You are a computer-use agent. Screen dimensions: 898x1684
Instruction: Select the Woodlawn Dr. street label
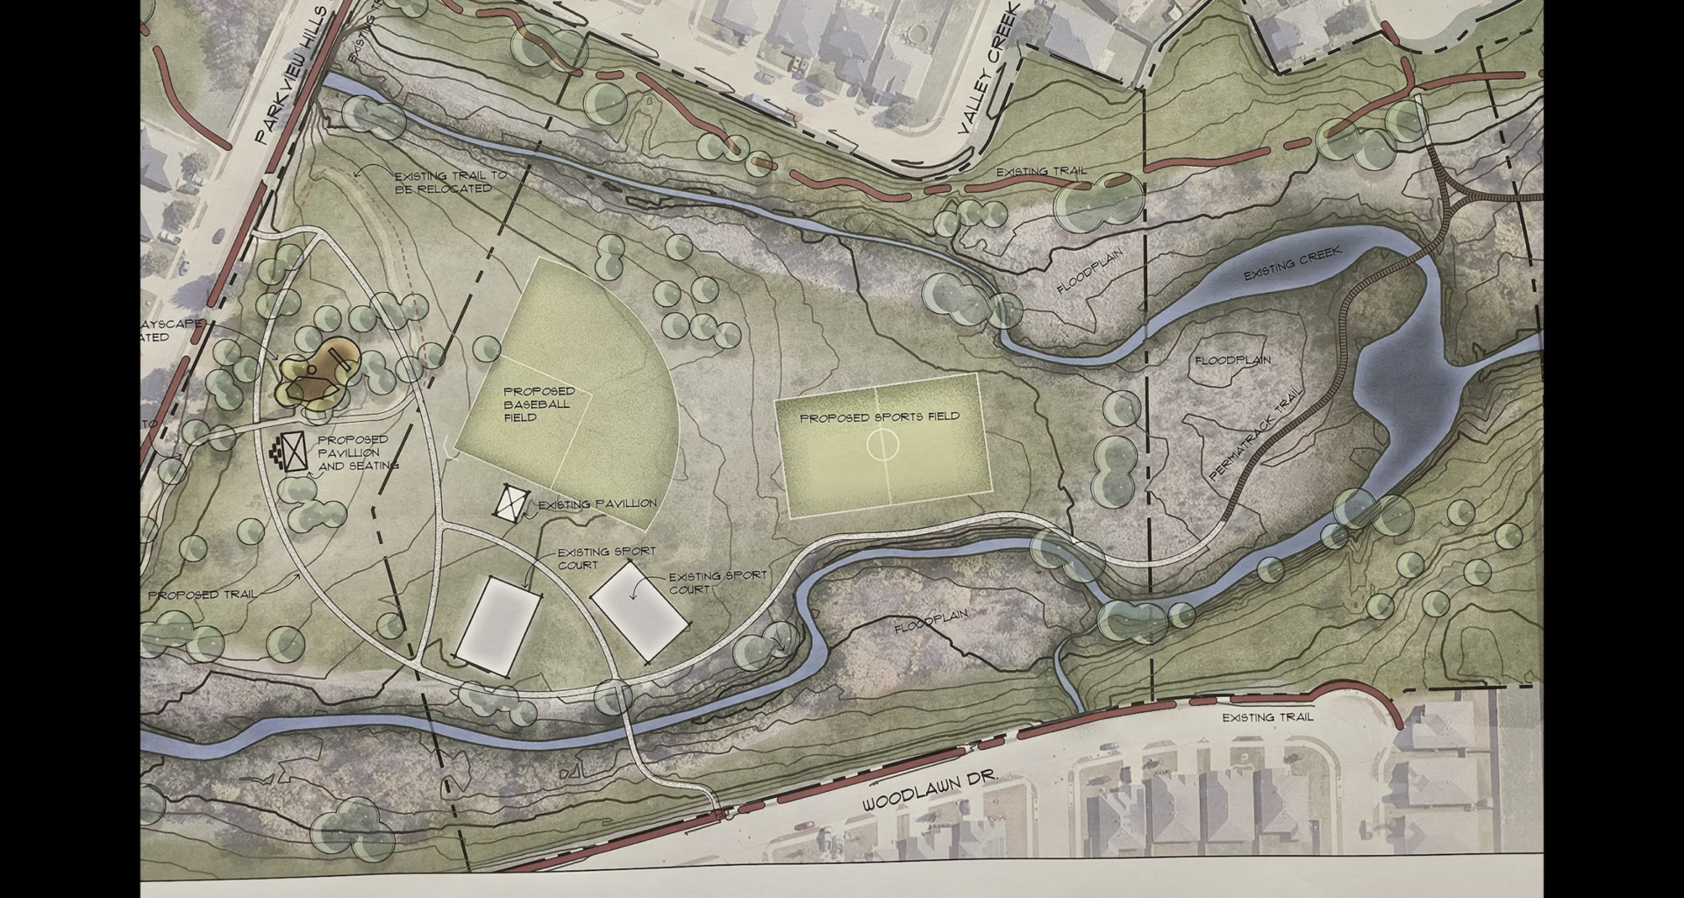tap(930, 791)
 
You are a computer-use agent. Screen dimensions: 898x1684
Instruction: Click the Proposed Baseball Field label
tap(539, 404)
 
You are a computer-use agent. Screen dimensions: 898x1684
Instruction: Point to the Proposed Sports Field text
tap(879, 417)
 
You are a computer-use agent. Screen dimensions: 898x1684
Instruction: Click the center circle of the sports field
tap(882, 445)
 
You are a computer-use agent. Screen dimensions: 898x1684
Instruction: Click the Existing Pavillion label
tap(596, 504)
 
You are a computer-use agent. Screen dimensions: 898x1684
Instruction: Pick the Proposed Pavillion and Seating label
tap(356, 453)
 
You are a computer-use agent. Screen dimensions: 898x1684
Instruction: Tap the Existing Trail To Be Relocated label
tap(450, 182)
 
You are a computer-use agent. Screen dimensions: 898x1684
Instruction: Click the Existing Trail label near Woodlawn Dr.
tap(1267, 717)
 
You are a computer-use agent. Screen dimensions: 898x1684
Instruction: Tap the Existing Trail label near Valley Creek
tap(1041, 172)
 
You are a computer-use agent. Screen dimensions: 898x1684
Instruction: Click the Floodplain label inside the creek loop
tap(1232, 360)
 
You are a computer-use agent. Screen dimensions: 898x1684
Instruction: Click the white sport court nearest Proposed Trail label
tap(498, 626)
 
